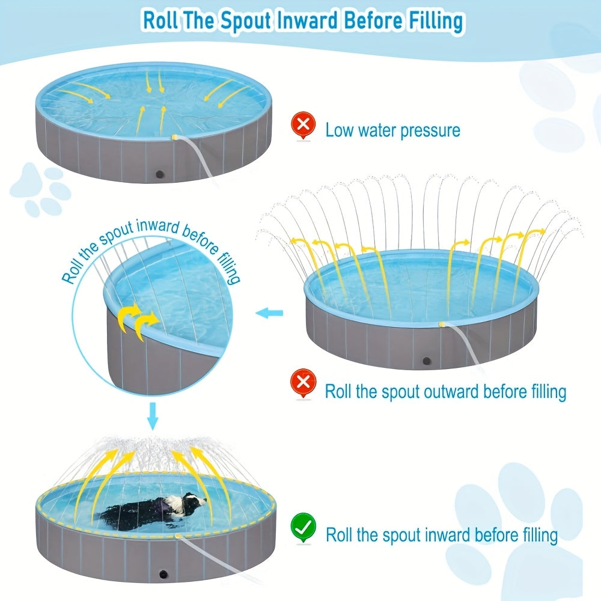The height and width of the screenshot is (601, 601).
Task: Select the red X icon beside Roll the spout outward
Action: (303, 383)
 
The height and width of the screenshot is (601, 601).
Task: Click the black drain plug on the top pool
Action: (160, 174)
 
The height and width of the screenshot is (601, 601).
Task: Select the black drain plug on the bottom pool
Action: (164, 575)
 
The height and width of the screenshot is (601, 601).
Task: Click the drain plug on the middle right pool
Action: (427, 361)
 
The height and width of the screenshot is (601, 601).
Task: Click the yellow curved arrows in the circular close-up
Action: (137, 320)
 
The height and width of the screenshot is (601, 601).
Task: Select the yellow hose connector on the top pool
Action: (175, 138)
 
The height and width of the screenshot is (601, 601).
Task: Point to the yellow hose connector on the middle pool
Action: (442, 325)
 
